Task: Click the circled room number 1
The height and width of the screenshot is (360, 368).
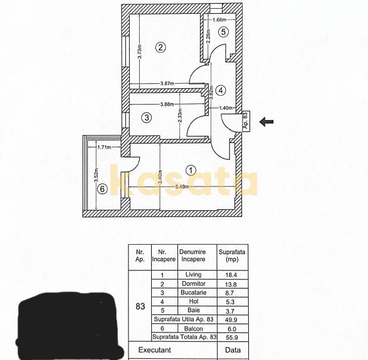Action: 192,169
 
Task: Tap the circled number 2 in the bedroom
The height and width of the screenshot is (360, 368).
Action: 160,46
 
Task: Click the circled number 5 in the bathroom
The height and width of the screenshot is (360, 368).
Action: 223,31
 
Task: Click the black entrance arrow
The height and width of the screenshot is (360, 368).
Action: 266,122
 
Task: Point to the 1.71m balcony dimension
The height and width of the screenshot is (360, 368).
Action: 104,148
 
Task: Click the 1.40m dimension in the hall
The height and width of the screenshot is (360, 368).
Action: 227,108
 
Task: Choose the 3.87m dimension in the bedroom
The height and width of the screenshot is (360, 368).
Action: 167,83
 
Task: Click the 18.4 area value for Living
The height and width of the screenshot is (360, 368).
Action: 228,275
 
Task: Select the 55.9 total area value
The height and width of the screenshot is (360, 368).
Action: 228,337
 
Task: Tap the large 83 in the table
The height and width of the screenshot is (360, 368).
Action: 140,306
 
